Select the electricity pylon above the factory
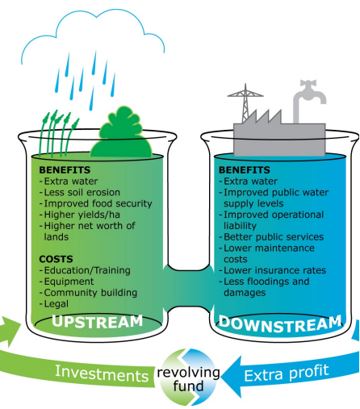[245, 103]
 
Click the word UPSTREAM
[97, 322]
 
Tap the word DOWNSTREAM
[280, 324]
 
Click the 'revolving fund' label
[188, 379]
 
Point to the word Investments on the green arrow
[102, 374]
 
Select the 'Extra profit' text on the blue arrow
[287, 373]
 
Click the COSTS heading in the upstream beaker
[56, 259]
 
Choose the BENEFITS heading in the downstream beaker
[245, 170]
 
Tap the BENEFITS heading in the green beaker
[65, 170]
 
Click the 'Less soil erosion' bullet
[80, 192]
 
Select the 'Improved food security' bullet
[96, 203]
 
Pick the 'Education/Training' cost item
[85, 270]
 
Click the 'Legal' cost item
[54, 304]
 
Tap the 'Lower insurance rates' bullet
[273, 270]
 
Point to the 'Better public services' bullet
[271, 237]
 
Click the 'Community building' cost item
[88, 293]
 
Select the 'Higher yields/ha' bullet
[80, 215]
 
